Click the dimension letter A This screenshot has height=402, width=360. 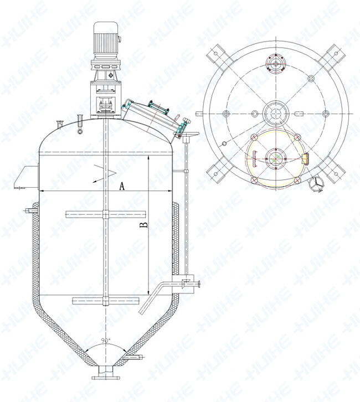coord(122,186)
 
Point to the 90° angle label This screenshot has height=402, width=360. coord(105,341)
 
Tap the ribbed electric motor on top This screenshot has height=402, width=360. coord(105,38)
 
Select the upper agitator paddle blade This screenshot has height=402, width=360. coord(106,214)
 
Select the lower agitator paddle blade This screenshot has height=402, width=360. coord(106,301)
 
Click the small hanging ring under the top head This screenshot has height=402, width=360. coord(80,132)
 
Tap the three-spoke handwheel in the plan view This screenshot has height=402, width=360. coord(316,184)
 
